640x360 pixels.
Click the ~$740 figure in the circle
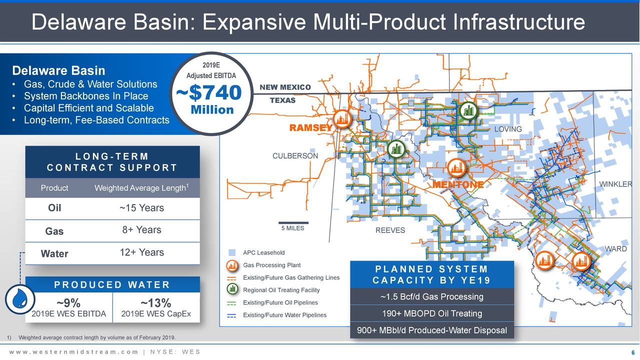point(208,93)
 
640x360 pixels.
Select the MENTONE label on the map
point(458,185)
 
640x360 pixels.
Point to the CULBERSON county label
point(295,156)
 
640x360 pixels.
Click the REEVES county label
point(390,230)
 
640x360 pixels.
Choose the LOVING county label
point(508,129)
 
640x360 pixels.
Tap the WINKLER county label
point(616,185)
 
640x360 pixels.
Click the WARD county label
point(616,249)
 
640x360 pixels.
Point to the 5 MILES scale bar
point(293,223)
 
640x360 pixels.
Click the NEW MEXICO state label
point(285,88)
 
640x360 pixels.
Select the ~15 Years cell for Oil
point(141,208)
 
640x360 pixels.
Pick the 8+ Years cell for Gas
point(141,230)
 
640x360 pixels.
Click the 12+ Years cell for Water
point(141,252)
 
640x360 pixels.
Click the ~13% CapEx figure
point(156,303)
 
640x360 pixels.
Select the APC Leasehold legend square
point(231,252)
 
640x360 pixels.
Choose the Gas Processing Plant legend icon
point(231,265)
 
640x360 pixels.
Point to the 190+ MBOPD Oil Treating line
point(432,313)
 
